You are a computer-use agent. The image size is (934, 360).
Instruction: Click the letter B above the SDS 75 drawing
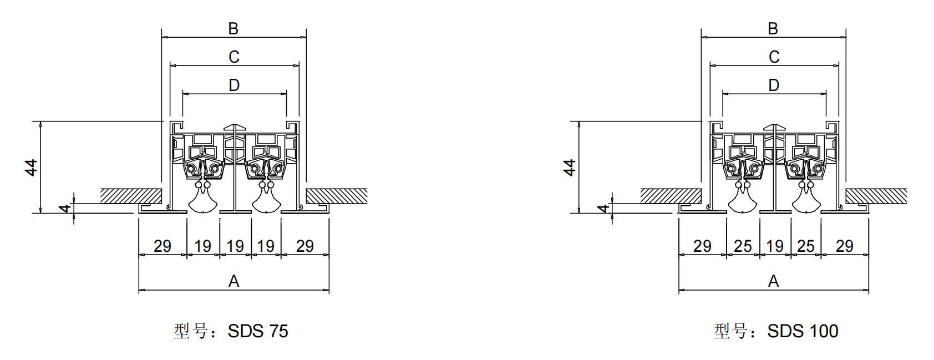(x=233, y=29)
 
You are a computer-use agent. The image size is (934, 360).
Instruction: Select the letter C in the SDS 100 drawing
(x=774, y=57)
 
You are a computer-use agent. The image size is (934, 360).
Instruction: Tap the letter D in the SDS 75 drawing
(x=234, y=85)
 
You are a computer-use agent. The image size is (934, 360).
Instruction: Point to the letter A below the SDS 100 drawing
(x=774, y=281)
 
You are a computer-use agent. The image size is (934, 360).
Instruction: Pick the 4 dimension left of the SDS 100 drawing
(x=604, y=208)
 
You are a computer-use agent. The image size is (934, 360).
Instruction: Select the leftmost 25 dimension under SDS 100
(x=743, y=246)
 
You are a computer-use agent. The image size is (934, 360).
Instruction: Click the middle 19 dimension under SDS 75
(x=235, y=246)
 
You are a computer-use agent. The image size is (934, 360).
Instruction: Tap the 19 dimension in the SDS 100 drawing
(x=775, y=246)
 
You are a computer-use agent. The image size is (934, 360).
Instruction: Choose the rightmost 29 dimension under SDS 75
(x=305, y=246)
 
